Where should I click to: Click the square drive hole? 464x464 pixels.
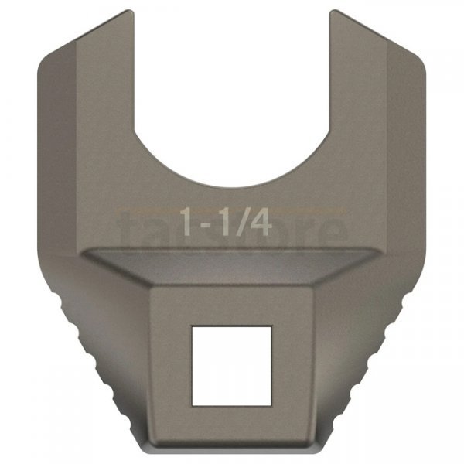[231, 365]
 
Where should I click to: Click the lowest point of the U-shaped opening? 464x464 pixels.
[232, 186]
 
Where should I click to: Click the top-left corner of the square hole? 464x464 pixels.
[192, 326]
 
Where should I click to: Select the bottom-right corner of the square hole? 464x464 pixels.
[271, 405]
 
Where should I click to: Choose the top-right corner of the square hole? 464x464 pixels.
[271, 326]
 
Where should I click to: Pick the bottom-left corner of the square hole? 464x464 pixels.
[192, 405]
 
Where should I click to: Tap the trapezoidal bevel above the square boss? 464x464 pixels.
[232, 267]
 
